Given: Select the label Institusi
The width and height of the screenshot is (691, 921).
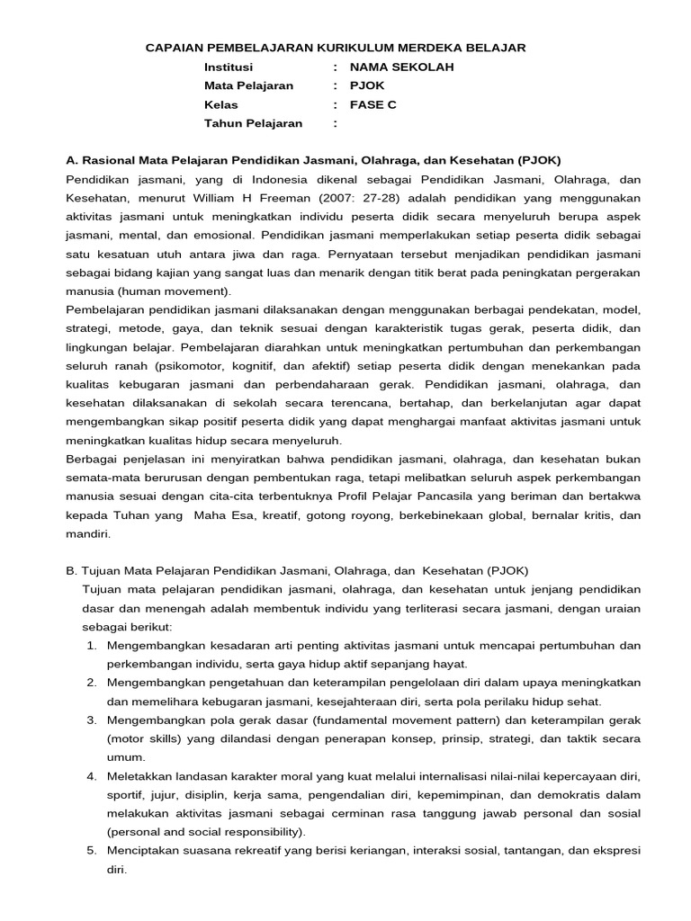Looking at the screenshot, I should [x=229, y=67].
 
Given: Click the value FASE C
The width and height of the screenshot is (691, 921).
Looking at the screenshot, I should [x=372, y=104].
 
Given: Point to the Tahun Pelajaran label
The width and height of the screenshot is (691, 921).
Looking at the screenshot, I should [x=253, y=123].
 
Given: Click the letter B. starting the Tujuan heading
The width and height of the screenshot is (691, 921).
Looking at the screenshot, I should [x=72, y=570].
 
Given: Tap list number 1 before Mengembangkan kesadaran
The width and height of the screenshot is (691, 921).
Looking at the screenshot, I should [x=92, y=645].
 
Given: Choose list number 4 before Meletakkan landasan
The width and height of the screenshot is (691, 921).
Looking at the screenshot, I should [x=92, y=775].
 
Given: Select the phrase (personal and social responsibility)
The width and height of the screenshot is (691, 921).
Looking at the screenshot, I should [x=205, y=832].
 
